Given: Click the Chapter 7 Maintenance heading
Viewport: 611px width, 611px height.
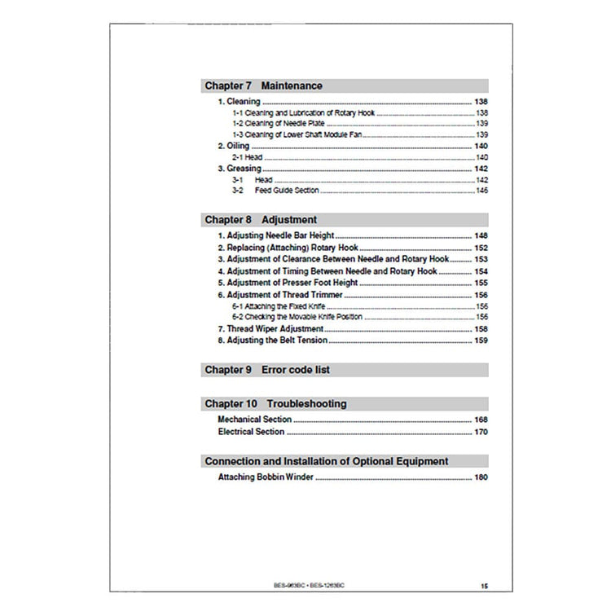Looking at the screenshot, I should [x=263, y=86].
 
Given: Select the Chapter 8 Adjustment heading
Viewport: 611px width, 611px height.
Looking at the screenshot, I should [x=261, y=220].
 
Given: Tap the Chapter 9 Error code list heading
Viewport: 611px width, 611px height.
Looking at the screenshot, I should [x=266, y=370].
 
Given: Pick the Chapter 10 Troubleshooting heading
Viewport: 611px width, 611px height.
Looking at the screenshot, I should [x=275, y=404].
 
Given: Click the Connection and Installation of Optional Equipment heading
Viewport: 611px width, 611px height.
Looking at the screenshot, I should [x=326, y=461].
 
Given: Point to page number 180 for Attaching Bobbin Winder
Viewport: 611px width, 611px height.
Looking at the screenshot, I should [x=481, y=477].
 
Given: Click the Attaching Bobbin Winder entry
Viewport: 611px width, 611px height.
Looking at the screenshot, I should [x=266, y=477].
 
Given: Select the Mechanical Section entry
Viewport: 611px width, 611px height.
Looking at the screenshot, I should [x=254, y=420].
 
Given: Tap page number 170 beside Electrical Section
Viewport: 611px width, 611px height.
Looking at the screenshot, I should [x=481, y=432].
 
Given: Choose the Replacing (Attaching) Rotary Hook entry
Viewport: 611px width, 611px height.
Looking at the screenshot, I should [x=288, y=247].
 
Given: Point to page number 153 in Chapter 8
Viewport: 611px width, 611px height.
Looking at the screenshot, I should [x=481, y=258].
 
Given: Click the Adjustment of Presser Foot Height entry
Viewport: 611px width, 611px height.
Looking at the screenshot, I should [x=288, y=282].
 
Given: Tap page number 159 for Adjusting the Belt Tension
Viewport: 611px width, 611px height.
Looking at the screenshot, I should [x=481, y=340].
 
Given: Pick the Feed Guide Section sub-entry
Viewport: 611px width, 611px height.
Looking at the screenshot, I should [x=286, y=190].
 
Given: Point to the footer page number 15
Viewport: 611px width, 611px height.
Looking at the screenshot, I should [x=484, y=586].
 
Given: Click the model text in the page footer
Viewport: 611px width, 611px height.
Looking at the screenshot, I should [x=309, y=585].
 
